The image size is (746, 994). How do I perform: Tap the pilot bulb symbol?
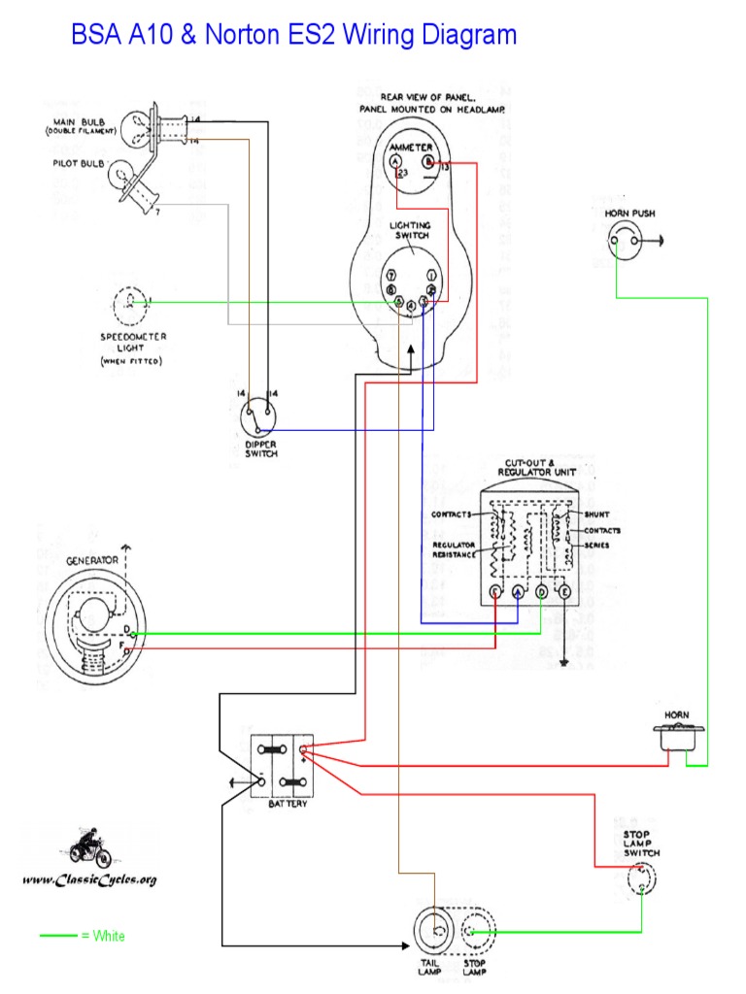point(128,176)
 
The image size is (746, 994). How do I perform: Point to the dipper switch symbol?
point(259,417)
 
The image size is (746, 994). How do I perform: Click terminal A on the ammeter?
point(396,162)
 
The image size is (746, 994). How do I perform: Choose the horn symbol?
point(676,740)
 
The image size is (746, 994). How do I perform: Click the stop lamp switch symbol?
point(641,878)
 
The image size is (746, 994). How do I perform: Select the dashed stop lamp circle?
point(475,933)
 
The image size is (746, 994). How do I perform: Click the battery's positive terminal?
point(303,749)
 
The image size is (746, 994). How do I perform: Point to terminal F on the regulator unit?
point(495,591)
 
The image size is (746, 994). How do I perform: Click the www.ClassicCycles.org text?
point(88,879)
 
